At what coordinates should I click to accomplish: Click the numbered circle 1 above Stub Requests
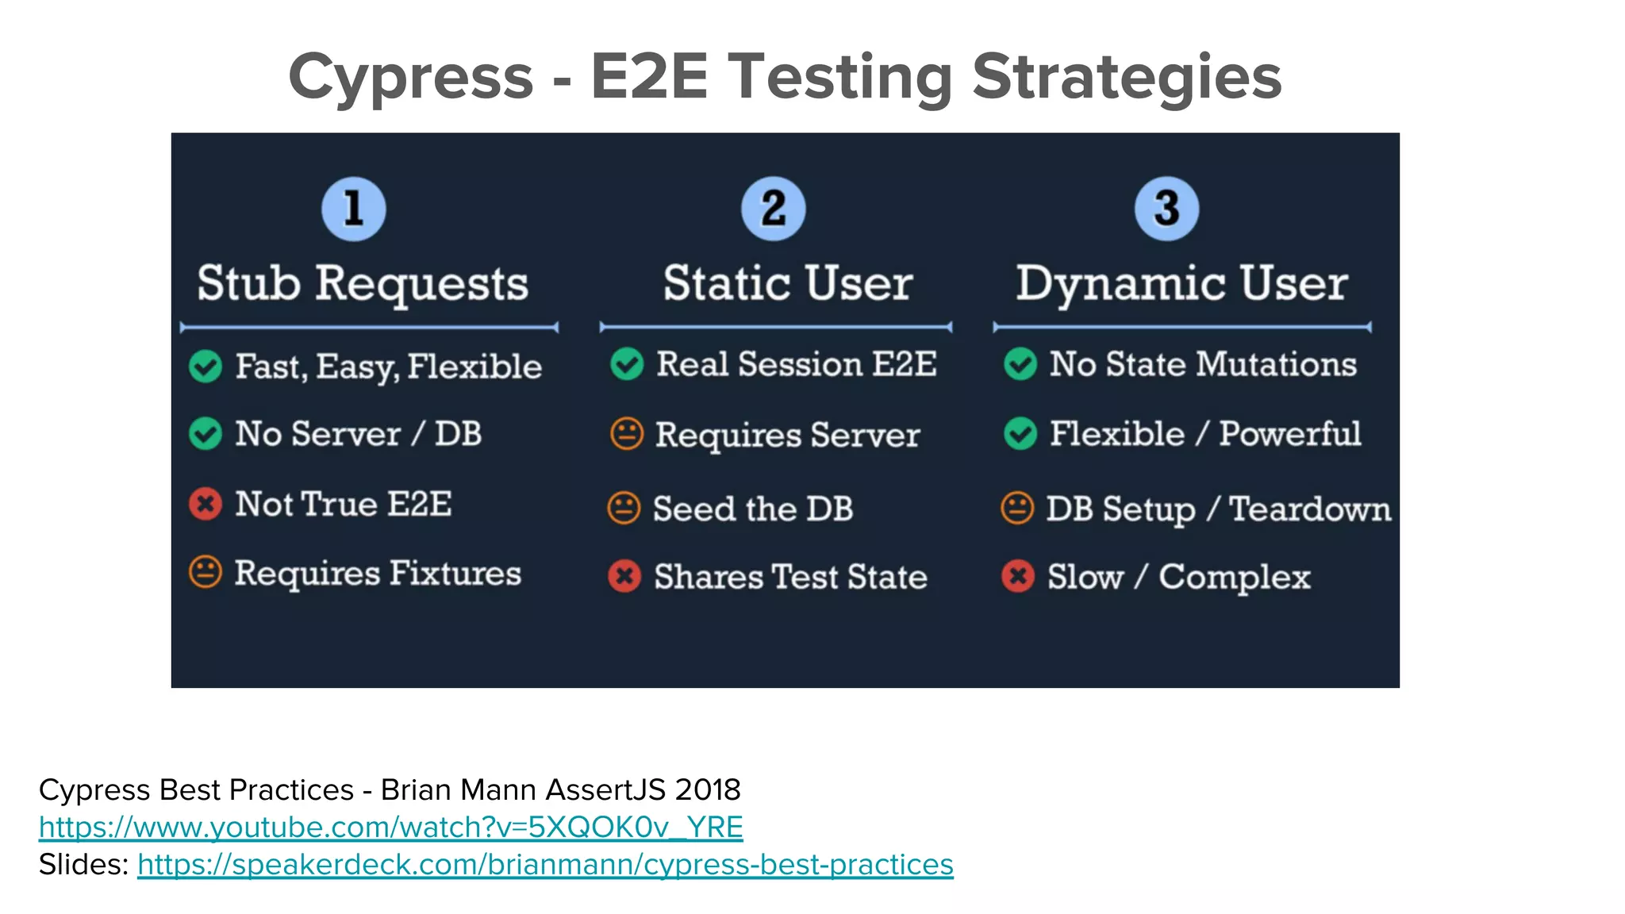point(353,209)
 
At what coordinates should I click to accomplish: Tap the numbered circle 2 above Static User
point(773,209)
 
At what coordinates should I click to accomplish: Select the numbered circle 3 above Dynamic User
point(1166,209)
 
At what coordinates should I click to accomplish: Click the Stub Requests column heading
point(363,283)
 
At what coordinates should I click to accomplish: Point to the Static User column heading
point(788,283)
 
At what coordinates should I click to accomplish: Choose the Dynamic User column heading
point(1181,283)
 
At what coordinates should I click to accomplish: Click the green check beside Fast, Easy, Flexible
point(206,367)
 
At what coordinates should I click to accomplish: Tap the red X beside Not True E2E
point(206,504)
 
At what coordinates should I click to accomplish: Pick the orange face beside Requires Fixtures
point(206,572)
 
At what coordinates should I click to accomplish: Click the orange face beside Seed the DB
point(624,509)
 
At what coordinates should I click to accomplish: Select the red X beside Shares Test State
point(624,576)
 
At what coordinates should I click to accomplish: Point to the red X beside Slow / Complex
point(1018,576)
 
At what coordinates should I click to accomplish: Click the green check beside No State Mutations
point(1020,364)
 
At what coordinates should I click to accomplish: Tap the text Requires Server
point(787,435)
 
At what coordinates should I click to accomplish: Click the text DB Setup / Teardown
point(1218,509)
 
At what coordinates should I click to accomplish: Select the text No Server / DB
point(358,434)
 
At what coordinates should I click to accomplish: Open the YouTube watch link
point(390,828)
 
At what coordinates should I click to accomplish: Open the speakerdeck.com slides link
point(545,865)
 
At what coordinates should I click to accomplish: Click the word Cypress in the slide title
point(410,77)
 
